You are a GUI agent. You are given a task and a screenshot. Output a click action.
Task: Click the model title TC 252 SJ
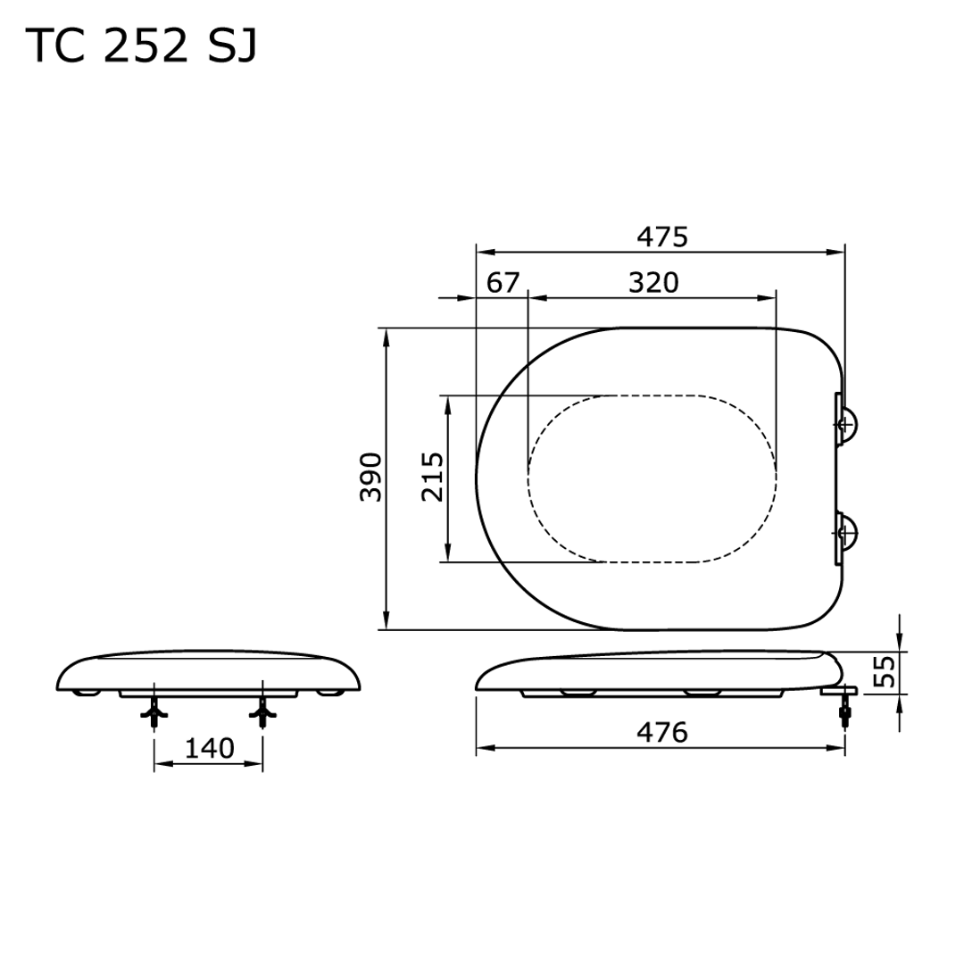142,46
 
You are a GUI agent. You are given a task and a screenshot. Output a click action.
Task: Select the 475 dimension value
661,237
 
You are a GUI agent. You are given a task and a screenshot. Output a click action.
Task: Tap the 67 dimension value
503,283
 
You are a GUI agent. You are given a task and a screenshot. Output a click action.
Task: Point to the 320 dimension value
653,283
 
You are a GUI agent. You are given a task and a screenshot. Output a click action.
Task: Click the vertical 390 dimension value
371,478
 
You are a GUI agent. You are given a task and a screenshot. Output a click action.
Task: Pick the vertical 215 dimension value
433,478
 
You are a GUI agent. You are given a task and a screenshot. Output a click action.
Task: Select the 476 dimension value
661,733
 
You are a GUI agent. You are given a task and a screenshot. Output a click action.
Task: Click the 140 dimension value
209,748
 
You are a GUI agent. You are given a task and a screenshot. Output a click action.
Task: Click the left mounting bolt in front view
155,711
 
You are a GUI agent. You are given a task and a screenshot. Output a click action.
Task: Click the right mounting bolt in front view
262,711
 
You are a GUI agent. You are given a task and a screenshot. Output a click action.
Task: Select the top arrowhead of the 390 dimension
386,337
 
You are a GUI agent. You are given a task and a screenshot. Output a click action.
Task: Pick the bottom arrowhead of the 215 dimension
448,553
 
